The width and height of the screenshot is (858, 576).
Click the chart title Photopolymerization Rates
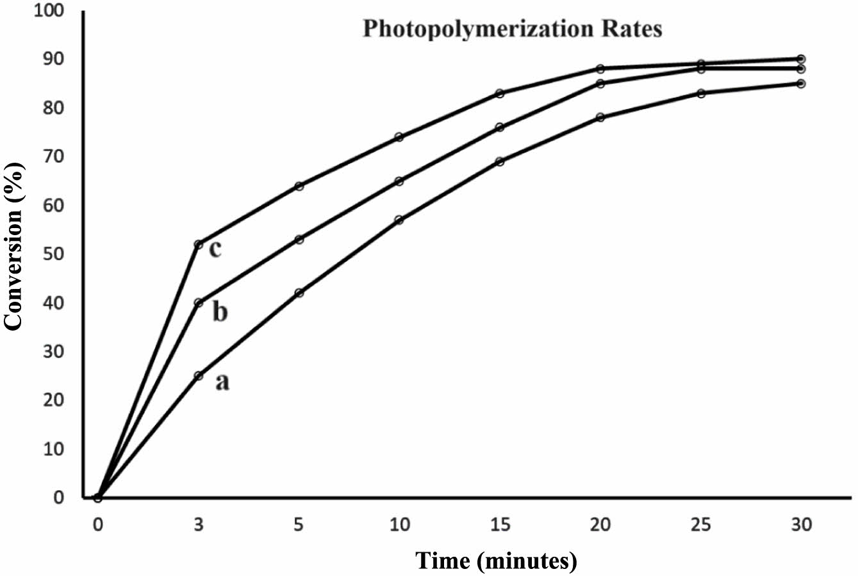[512, 29]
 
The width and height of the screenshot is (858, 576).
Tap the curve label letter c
[215, 249]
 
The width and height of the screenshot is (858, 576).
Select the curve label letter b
[219, 313]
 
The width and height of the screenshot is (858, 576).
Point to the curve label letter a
[222, 382]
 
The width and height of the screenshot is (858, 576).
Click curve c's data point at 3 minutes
[198, 244]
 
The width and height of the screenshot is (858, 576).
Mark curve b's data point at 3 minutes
[198, 302]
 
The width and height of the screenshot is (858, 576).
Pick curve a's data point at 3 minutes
[198, 375]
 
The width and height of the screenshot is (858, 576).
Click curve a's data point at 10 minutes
[399, 220]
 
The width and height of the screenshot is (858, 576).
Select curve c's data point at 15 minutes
[500, 93]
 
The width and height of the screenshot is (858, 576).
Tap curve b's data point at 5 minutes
[299, 239]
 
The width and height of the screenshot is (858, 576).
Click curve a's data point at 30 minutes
[801, 83]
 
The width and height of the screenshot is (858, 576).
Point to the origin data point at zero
[97, 497]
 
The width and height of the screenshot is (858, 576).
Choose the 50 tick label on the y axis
[55, 254]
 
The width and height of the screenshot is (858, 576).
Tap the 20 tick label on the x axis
[600, 525]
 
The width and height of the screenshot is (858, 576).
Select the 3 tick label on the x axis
[198, 525]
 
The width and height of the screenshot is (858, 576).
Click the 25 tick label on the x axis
[701, 525]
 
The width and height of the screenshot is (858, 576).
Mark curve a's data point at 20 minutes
[600, 117]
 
